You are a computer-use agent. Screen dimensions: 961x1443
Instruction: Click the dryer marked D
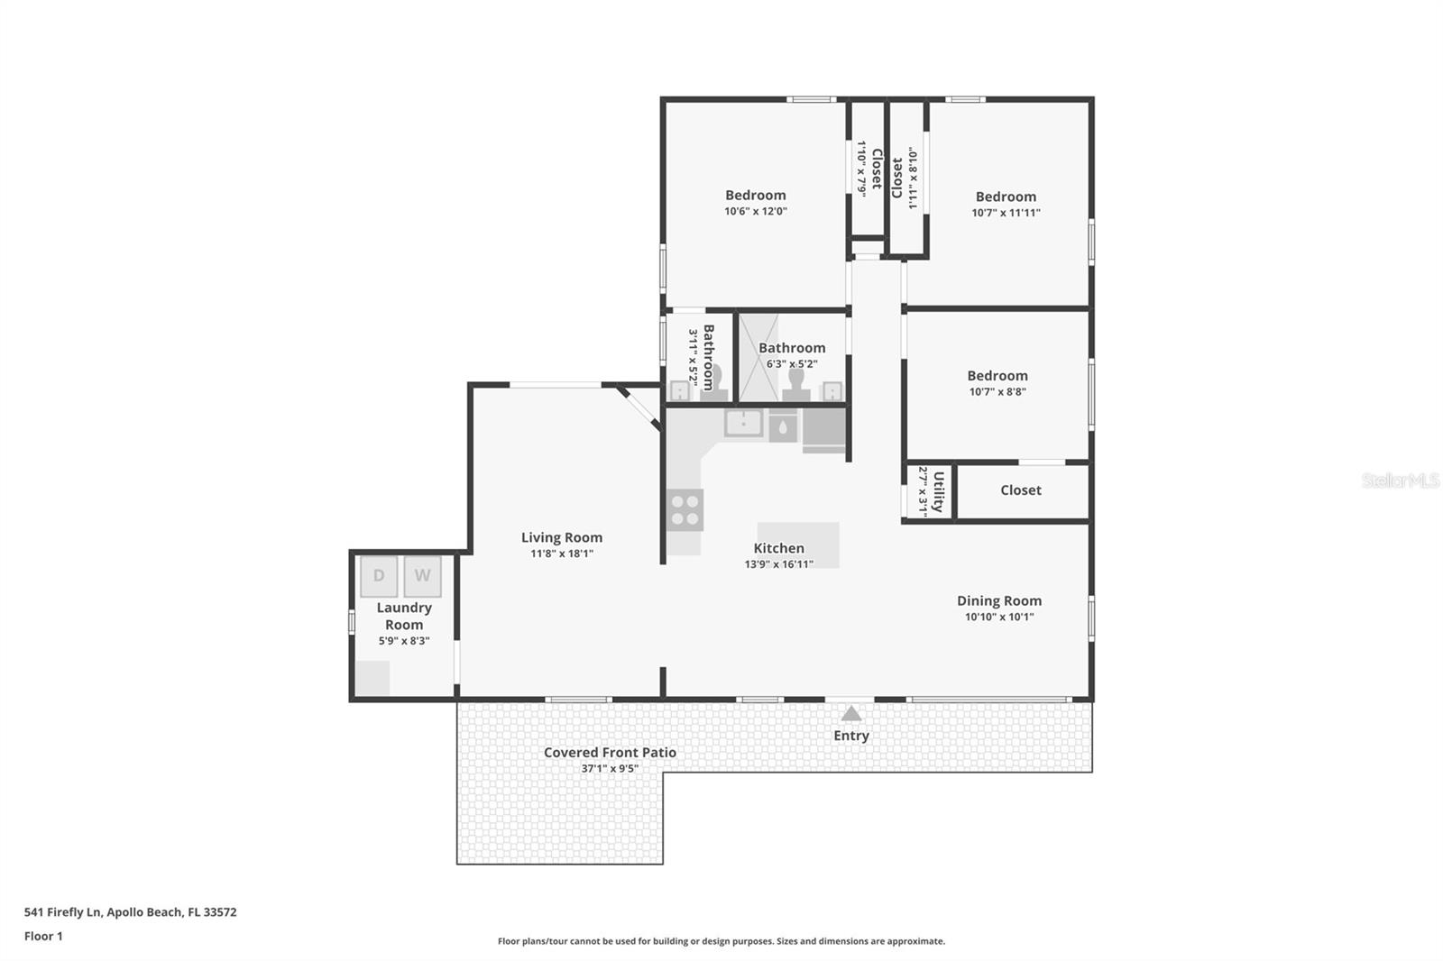(x=379, y=576)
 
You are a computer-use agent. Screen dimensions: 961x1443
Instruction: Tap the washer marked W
(x=422, y=576)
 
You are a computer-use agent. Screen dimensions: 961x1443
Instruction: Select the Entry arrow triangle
(x=851, y=714)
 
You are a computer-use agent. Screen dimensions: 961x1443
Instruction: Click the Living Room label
(x=561, y=537)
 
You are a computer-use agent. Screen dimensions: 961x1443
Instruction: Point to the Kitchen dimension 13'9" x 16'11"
(x=778, y=564)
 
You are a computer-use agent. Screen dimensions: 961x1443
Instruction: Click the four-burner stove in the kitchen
(x=685, y=510)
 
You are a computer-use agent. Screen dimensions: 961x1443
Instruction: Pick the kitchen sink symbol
(x=743, y=422)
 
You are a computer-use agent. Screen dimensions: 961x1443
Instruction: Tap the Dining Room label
(x=998, y=600)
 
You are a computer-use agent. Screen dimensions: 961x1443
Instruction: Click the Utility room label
(x=938, y=491)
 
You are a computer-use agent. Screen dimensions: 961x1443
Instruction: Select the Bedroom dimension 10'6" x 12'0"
(x=755, y=212)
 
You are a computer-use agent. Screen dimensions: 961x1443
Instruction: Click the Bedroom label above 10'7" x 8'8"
(x=997, y=376)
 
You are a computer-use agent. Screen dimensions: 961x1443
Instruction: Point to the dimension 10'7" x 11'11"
(x=1006, y=214)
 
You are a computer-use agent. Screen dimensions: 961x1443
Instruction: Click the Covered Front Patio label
(x=610, y=752)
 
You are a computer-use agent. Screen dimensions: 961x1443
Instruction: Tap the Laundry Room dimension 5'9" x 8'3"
(x=403, y=641)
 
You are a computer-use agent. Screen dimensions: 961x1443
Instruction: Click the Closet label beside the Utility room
(x=1020, y=490)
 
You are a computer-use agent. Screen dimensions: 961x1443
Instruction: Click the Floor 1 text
(x=43, y=936)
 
